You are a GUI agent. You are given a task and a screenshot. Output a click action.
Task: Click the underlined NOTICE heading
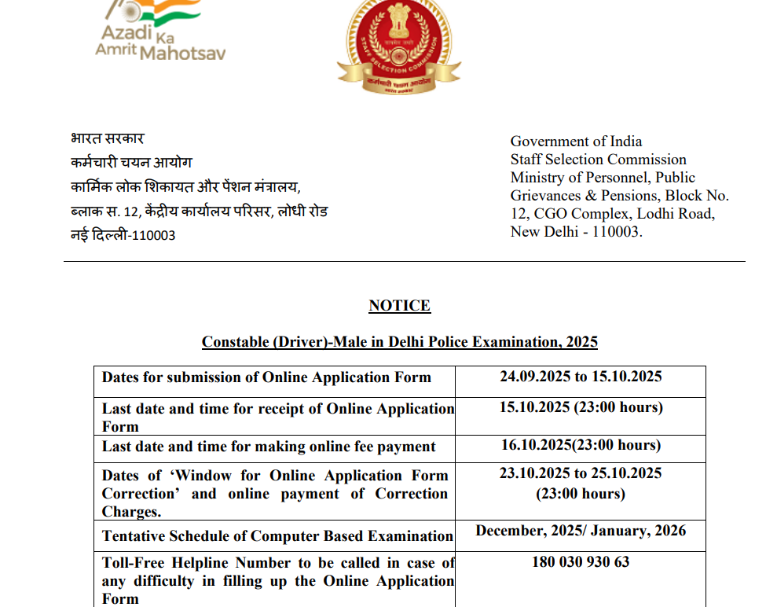400,306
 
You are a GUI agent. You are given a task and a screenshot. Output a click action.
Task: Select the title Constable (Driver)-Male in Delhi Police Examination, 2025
400,342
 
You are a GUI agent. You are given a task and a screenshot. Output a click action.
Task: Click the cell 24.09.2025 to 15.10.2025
581,377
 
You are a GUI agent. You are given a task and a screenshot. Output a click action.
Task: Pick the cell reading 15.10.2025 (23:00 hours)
581,407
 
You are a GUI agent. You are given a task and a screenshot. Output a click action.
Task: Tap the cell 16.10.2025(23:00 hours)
581,445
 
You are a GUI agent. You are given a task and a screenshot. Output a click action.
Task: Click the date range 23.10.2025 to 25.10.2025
581,473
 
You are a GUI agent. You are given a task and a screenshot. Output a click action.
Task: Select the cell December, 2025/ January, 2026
581,531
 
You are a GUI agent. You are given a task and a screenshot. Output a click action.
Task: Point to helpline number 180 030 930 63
581,562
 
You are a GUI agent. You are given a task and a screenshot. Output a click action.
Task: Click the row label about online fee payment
269,447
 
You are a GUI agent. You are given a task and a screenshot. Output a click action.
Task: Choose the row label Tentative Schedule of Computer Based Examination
277,536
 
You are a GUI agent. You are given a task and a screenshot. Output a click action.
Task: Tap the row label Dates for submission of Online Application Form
266,377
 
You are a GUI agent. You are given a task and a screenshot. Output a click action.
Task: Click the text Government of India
576,142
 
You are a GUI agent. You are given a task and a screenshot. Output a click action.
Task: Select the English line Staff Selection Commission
598,160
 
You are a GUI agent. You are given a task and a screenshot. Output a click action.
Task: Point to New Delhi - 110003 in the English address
576,232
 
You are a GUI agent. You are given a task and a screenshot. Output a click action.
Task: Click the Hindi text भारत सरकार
107,138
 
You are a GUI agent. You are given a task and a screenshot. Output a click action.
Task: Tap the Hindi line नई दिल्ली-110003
123,235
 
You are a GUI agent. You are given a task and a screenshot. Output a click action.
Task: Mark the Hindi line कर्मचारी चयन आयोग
131,163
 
